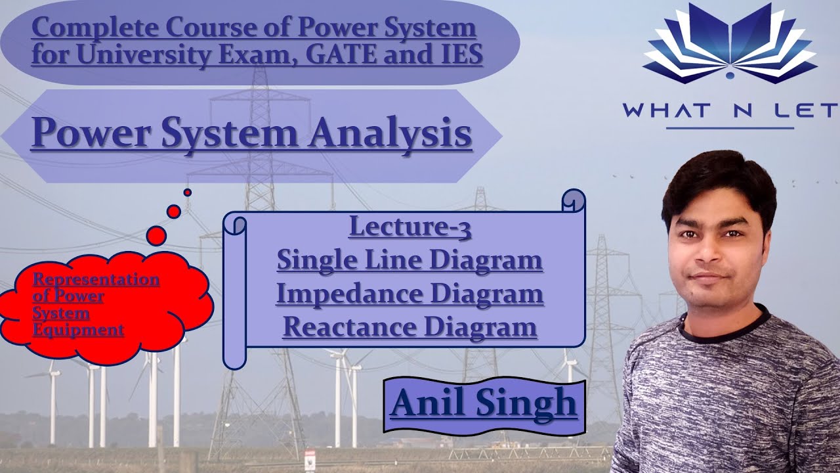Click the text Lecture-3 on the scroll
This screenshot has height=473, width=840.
tap(410, 227)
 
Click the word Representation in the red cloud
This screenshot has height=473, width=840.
tap(96, 280)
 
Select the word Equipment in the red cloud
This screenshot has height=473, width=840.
tap(78, 329)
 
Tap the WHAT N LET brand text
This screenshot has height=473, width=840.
tap(730, 109)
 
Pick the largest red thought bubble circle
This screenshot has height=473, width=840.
tap(156, 235)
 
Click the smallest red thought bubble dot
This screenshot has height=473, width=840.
tap(188, 192)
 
